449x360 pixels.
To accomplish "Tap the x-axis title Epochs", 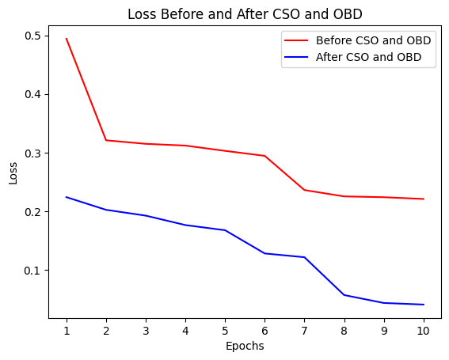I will point(245,346).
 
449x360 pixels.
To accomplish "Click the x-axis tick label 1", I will point(67,330).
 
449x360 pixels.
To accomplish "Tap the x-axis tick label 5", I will point(225,330).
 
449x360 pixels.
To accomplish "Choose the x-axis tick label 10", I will point(424,330).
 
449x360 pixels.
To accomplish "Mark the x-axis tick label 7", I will point(304,330).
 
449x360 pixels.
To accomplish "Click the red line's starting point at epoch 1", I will point(67,39).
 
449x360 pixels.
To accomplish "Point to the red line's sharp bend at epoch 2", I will point(106,140).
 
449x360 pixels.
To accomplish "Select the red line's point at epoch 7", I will point(304,190).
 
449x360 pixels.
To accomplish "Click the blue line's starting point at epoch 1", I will point(67,197).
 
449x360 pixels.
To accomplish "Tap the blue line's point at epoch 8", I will point(344,295).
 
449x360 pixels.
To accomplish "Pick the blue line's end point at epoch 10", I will point(424,305).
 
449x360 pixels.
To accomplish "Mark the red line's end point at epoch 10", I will point(424,199).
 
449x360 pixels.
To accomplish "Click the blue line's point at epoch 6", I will point(264,253).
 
